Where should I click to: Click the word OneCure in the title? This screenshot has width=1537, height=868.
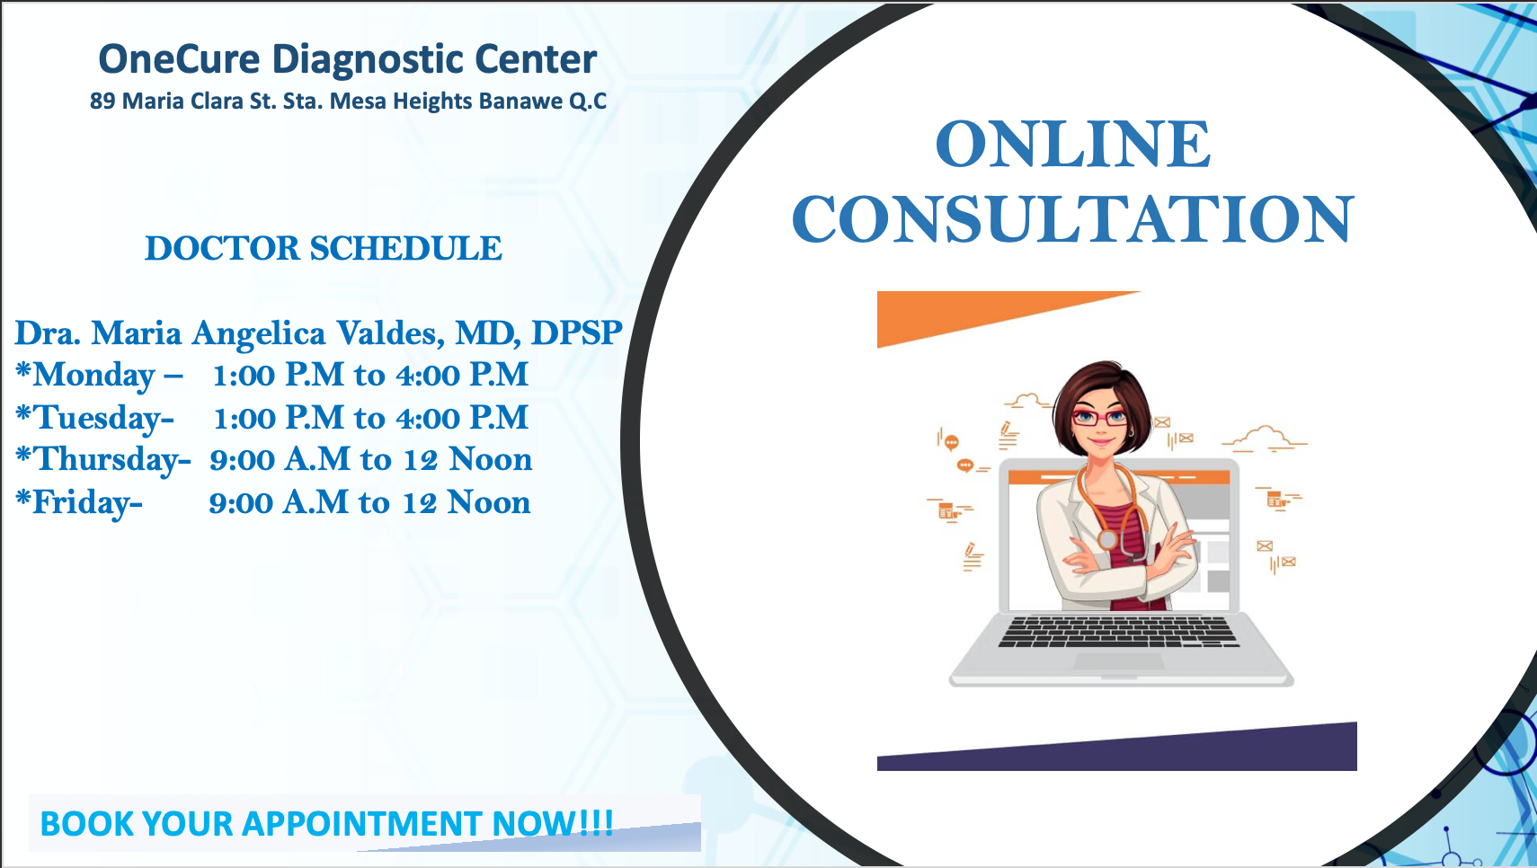pos(179,59)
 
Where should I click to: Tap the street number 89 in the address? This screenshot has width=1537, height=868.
pos(102,101)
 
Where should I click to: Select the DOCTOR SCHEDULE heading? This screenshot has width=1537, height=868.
pos(324,248)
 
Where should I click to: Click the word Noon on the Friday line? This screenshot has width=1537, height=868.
pos(489,502)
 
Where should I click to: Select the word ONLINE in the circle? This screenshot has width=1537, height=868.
pos(1073,144)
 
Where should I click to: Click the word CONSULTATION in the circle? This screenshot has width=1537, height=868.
pos(1073,218)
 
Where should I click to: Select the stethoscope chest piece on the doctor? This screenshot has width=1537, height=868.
pos(1106,539)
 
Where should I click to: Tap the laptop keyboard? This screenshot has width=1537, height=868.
pos(1118,632)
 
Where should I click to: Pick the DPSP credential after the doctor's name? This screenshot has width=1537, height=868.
pos(576,332)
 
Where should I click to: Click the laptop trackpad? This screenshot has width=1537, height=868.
pos(1118,661)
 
